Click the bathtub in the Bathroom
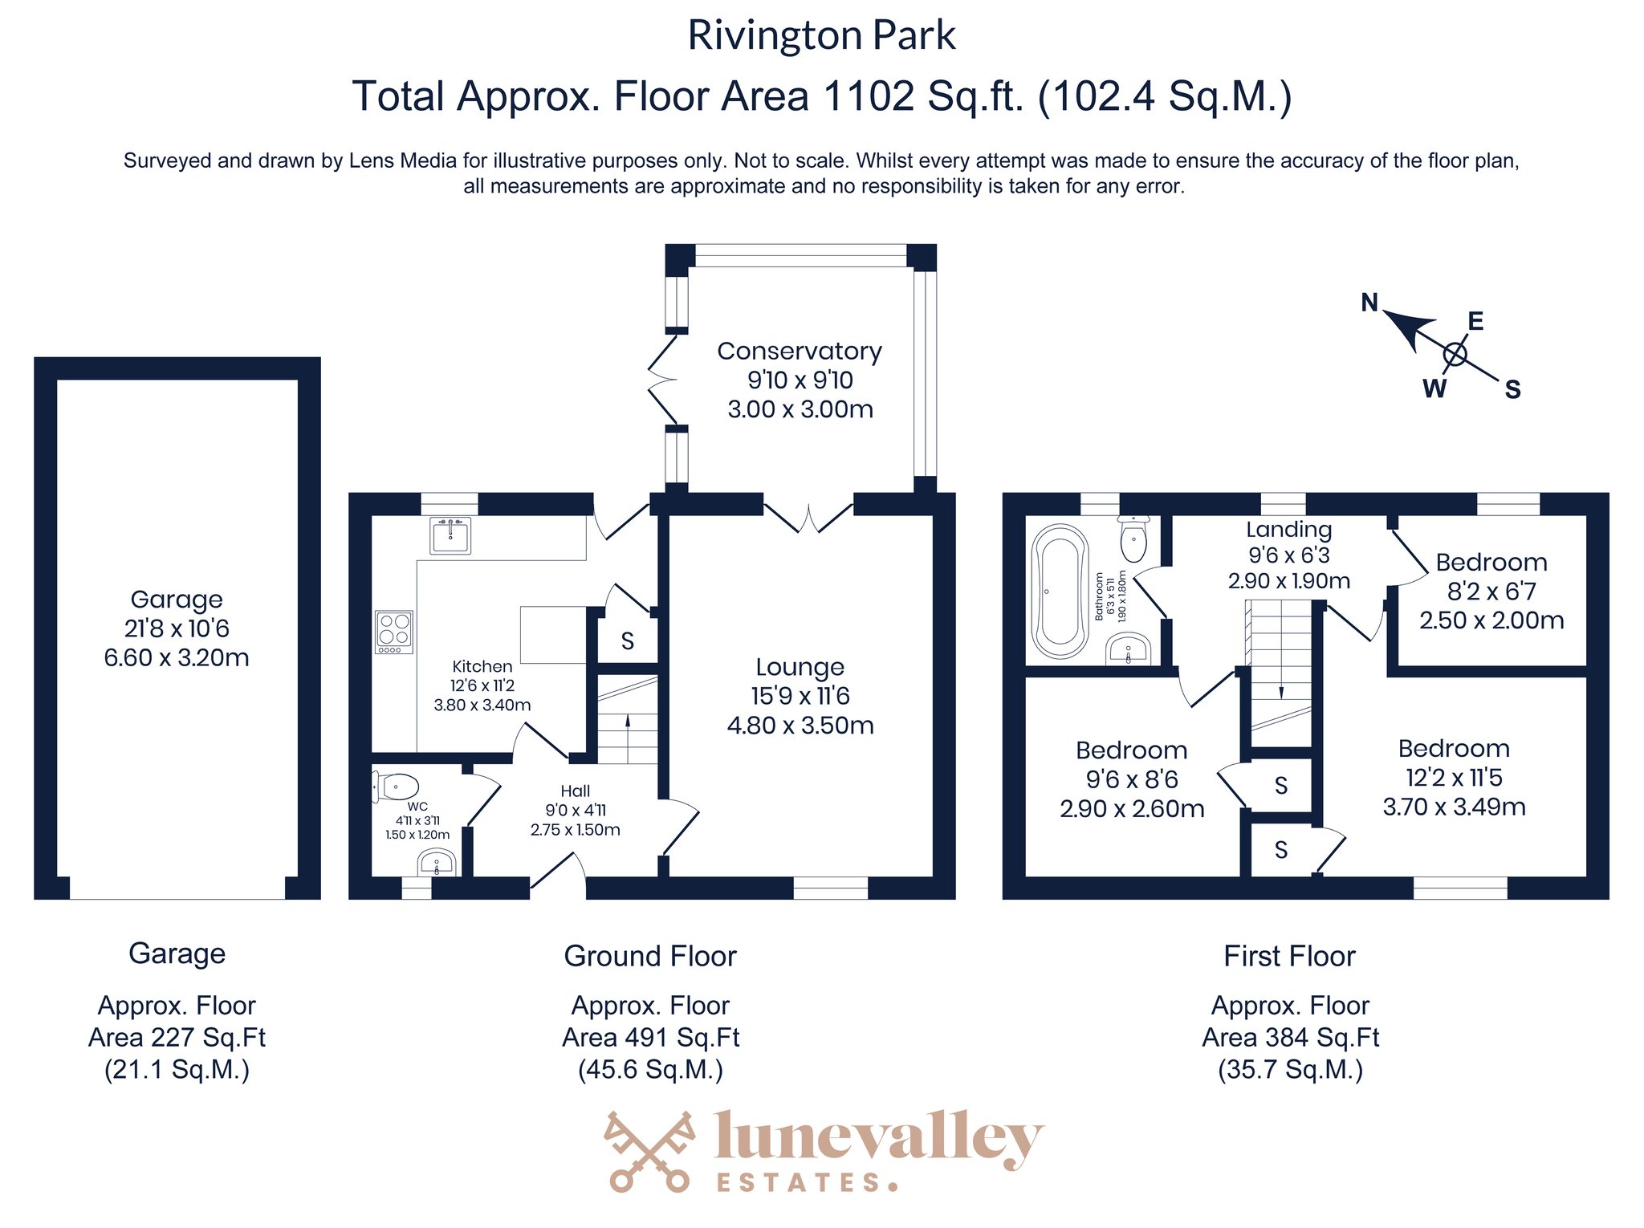click(1060, 592)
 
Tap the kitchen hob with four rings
click(393, 632)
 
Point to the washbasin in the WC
click(437, 864)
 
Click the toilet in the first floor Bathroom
click(1133, 538)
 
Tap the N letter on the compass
click(1369, 303)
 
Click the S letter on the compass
click(1512, 390)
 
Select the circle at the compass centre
click(1455, 354)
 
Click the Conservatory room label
click(800, 352)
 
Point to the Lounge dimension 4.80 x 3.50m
click(800, 726)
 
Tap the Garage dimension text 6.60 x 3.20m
click(177, 658)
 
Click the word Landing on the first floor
click(1289, 530)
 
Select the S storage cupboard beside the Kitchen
click(628, 640)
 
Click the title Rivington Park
click(822, 35)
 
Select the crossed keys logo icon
click(649, 1151)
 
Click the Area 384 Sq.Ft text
click(1290, 1038)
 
